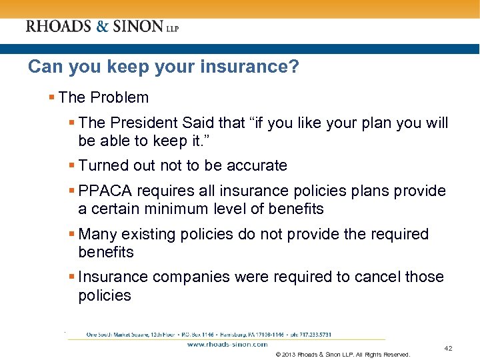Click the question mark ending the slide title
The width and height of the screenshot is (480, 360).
tap(295, 67)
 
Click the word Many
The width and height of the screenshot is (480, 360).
tap(97, 235)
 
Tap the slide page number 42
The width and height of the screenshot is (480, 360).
tap(448, 348)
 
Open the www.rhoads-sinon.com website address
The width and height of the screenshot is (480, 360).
tap(227, 345)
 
